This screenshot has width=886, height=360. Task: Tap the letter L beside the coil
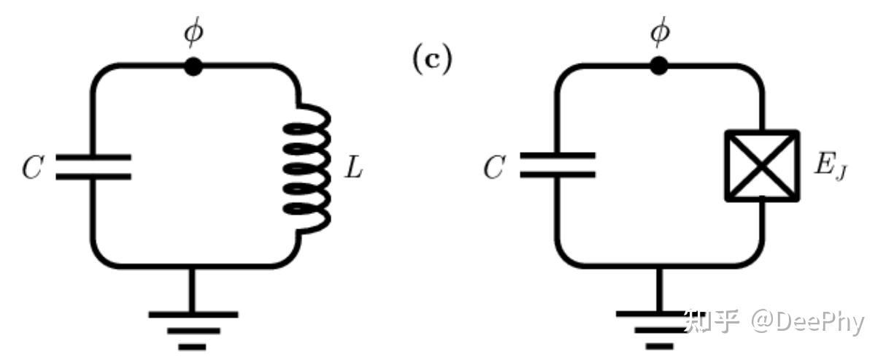coord(354,169)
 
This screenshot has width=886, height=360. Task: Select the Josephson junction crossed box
coord(762,166)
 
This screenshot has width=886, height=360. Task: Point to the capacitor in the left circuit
coord(93,166)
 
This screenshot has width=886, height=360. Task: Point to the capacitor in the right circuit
coord(558,165)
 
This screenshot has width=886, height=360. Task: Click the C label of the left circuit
coord(34,169)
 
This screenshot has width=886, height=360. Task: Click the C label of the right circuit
coord(495,169)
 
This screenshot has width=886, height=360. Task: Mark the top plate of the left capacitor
coord(93,157)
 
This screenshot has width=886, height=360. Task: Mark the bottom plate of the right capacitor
coord(558,175)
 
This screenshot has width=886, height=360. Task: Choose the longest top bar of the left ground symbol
coord(193,315)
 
